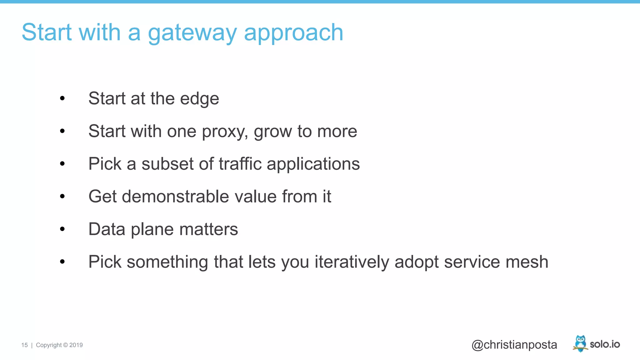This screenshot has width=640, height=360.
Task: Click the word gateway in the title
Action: click(192, 33)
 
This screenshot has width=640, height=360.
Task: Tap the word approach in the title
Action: click(293, 33)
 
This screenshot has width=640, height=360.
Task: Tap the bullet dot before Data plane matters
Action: click(62, 229)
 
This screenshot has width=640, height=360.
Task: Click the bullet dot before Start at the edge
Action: click(62, 98)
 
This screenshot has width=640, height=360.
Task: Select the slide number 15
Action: click(24, 345)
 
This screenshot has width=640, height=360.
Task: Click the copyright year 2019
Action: click(76, 345)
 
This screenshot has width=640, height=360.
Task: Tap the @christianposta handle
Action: click(514, 345)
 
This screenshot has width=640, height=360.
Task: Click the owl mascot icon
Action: click(580, 343)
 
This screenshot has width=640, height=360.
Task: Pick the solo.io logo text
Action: click(605, 344)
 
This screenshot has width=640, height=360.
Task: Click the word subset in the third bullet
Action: click(168, 164)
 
